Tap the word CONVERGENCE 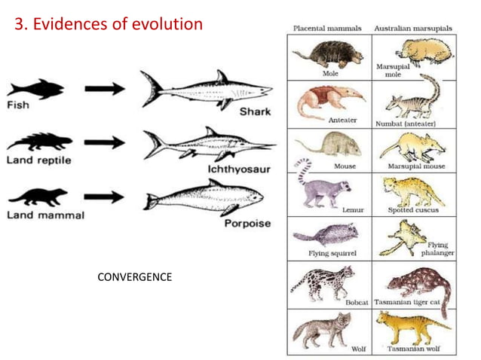click(x=135, y=277)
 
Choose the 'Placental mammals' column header click(x=329, y=28)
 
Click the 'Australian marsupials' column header click(x=414, y=28)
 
